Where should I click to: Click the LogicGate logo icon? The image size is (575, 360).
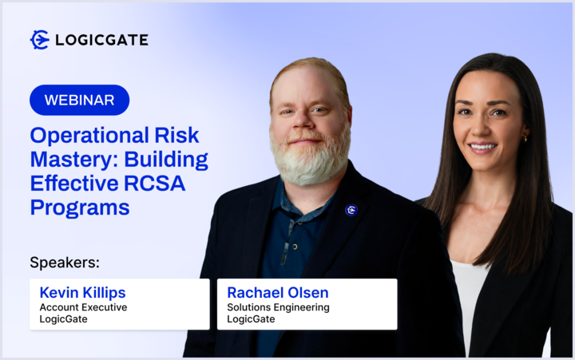(x=40, y=40)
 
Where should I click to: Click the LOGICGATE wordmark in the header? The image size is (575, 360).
(x=101, y=40)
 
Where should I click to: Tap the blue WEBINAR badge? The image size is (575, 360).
(x=80, y=100)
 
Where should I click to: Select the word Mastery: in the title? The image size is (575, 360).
(x=74, y=159)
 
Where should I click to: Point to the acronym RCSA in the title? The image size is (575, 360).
(x=154, y=183)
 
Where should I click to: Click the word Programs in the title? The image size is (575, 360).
(x=80, y=208)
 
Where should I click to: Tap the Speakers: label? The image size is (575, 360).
(x=65, y=263)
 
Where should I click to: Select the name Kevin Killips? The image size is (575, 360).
(x=82, y=292)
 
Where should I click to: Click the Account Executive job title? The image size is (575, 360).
(x=83, y=307)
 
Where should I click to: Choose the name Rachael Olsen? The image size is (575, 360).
(x=278, y=292)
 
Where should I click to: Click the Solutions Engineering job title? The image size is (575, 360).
(x=279, y=307)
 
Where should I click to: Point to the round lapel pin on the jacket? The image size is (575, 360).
(x=351, y=210)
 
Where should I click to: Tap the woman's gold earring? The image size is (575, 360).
(x=525, y=139)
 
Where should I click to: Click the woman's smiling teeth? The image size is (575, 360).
(x=482, y=147)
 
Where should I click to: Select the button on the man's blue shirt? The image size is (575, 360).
(x=295, y=247)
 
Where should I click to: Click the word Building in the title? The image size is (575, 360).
(x=166, y=159)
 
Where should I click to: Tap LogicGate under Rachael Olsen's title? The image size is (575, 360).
(x=251, y=319)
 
